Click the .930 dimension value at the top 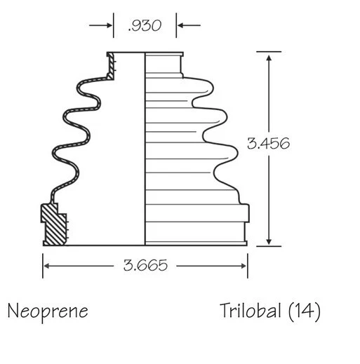pos(145,26)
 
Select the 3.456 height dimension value pos(268,142)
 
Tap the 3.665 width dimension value pos(145,266)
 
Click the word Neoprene pos(48,310)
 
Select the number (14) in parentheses pos(304,310)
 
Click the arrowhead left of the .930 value pos(109,26)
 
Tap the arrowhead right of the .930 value pos(180,26)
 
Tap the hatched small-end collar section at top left pos(110,66)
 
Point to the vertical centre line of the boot pos(145,147)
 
